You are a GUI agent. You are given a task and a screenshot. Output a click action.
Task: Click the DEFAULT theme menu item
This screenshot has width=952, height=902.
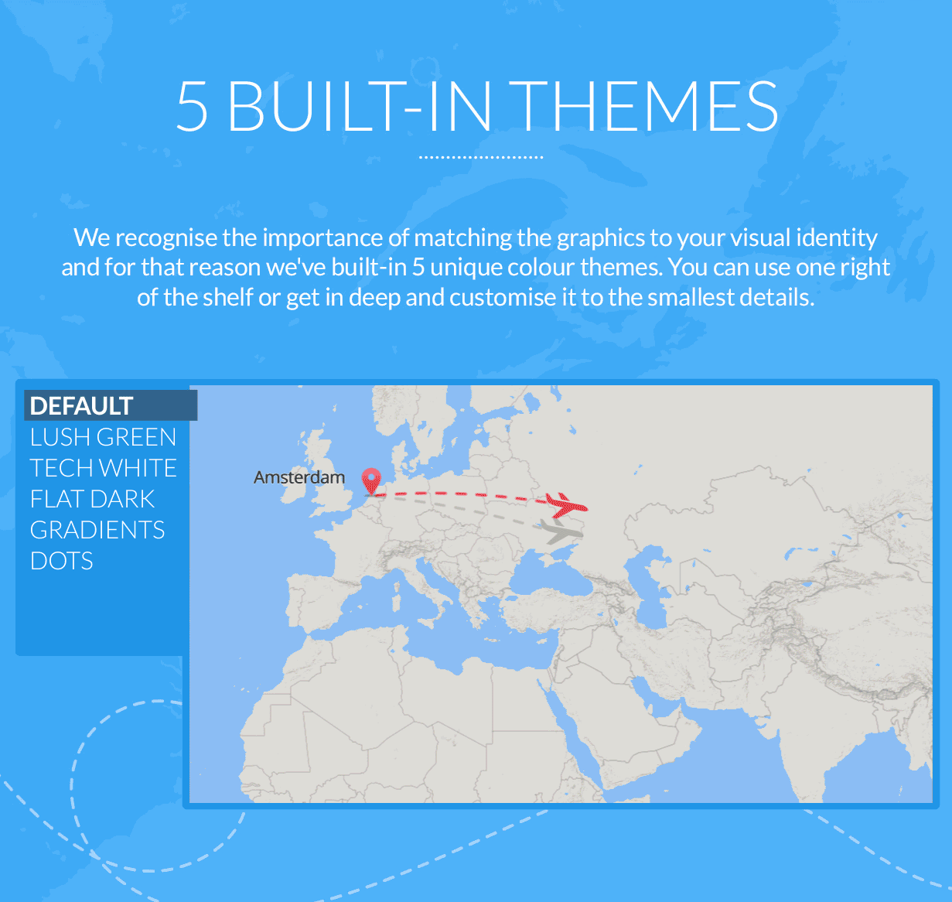(x=81, y=406)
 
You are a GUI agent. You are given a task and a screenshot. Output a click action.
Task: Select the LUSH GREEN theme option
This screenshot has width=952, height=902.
(x=103, y=437)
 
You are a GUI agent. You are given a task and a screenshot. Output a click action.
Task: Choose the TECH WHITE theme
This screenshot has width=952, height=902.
(x=103, y=468)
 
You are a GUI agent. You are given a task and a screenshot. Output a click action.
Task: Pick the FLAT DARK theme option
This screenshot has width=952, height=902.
(x=92, y=499)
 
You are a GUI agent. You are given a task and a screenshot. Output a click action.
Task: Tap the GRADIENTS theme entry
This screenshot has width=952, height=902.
(x=97, y=530)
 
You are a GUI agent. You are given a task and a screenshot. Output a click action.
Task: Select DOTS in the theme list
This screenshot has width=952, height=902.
(x=62, y=561)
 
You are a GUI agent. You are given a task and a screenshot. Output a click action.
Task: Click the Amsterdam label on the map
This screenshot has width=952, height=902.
(x=299, y=477)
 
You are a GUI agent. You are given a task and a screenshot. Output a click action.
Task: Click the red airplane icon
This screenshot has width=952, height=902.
(x=567, y=505)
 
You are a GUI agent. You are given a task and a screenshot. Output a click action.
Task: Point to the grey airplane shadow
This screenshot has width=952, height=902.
(x=562, y=531)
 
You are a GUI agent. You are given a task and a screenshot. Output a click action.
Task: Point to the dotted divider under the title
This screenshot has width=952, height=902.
(x=481, y=157)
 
